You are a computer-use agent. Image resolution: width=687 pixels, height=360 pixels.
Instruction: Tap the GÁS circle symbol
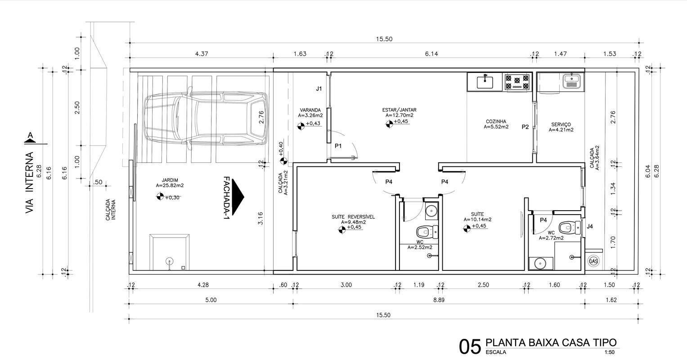593,261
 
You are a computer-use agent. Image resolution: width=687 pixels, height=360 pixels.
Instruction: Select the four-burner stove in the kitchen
517,82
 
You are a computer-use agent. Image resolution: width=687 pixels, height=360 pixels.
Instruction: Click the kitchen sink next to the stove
485,81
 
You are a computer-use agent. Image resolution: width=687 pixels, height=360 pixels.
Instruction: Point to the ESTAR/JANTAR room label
400,110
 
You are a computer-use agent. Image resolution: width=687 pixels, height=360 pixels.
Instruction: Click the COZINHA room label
496,121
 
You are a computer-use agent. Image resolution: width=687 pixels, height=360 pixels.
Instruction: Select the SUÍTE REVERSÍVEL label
353,217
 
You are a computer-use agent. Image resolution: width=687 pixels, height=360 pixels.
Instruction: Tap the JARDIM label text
170,180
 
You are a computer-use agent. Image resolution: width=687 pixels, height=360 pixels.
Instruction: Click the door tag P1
338,146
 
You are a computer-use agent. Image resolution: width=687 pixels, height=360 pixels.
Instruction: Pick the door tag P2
525,126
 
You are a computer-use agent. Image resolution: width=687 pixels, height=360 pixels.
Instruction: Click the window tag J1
319,89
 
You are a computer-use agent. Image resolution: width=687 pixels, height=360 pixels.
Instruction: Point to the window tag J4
590,227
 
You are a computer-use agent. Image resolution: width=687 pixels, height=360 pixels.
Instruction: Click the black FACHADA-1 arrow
238,197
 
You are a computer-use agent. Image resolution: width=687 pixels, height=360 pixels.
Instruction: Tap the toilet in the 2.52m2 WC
427,232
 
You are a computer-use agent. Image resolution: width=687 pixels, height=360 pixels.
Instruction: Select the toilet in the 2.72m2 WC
570,228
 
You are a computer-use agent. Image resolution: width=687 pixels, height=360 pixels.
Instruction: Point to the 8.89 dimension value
439,300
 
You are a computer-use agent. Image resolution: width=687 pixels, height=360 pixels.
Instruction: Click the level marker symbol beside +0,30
160,196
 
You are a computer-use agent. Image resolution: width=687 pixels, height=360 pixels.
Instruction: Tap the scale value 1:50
610,352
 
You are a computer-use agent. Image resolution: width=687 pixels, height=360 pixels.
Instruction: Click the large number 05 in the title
470,347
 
